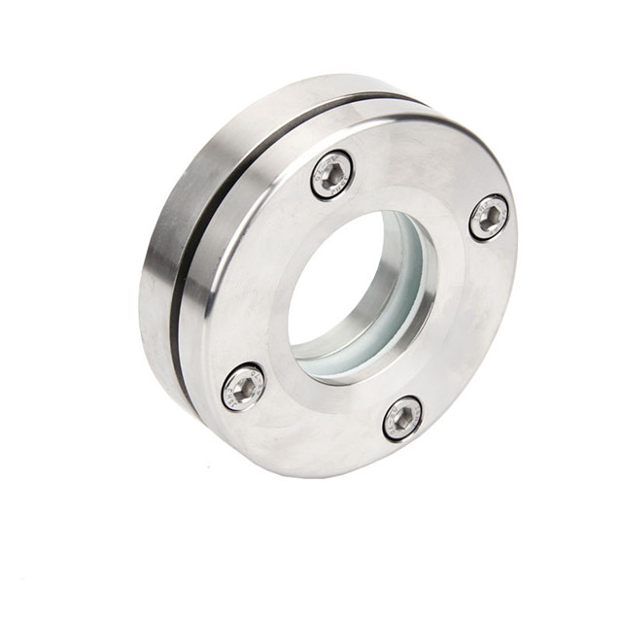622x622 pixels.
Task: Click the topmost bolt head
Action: (x=332, y=176)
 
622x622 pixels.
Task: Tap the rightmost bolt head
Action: (x=489, y=217)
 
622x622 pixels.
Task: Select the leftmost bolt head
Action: (x=243, y=387)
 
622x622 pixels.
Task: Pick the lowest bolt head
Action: (x=402, y=418)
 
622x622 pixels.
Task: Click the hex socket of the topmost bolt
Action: (x=332, y=176)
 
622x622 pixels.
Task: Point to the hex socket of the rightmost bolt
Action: (x=489, y=217)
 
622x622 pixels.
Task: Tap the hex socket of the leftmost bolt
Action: (x=243, y=388)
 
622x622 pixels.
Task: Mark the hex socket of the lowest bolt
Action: (x=402, y=419)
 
